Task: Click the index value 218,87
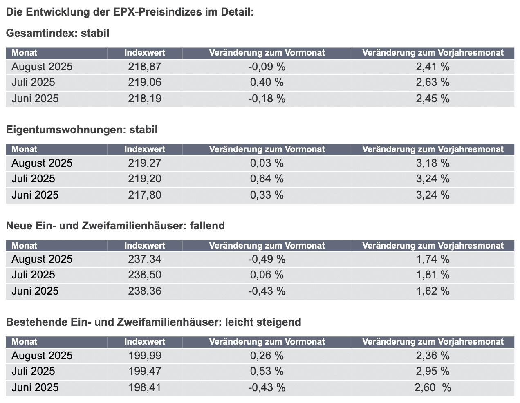145,67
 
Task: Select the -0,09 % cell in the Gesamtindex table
267,67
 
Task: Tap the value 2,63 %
433,83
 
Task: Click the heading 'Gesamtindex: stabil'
58,33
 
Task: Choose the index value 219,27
145,163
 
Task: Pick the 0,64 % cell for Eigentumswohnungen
267,179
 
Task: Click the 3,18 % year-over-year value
433,163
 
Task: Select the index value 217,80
145,195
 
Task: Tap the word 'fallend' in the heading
207,226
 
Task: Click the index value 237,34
145,259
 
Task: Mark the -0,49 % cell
267,259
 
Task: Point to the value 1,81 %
433,275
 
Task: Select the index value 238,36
145,291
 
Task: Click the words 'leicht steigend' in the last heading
263,322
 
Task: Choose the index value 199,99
145,356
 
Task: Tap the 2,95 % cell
433,372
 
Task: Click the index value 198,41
145,387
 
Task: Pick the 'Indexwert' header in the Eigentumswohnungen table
145,149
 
